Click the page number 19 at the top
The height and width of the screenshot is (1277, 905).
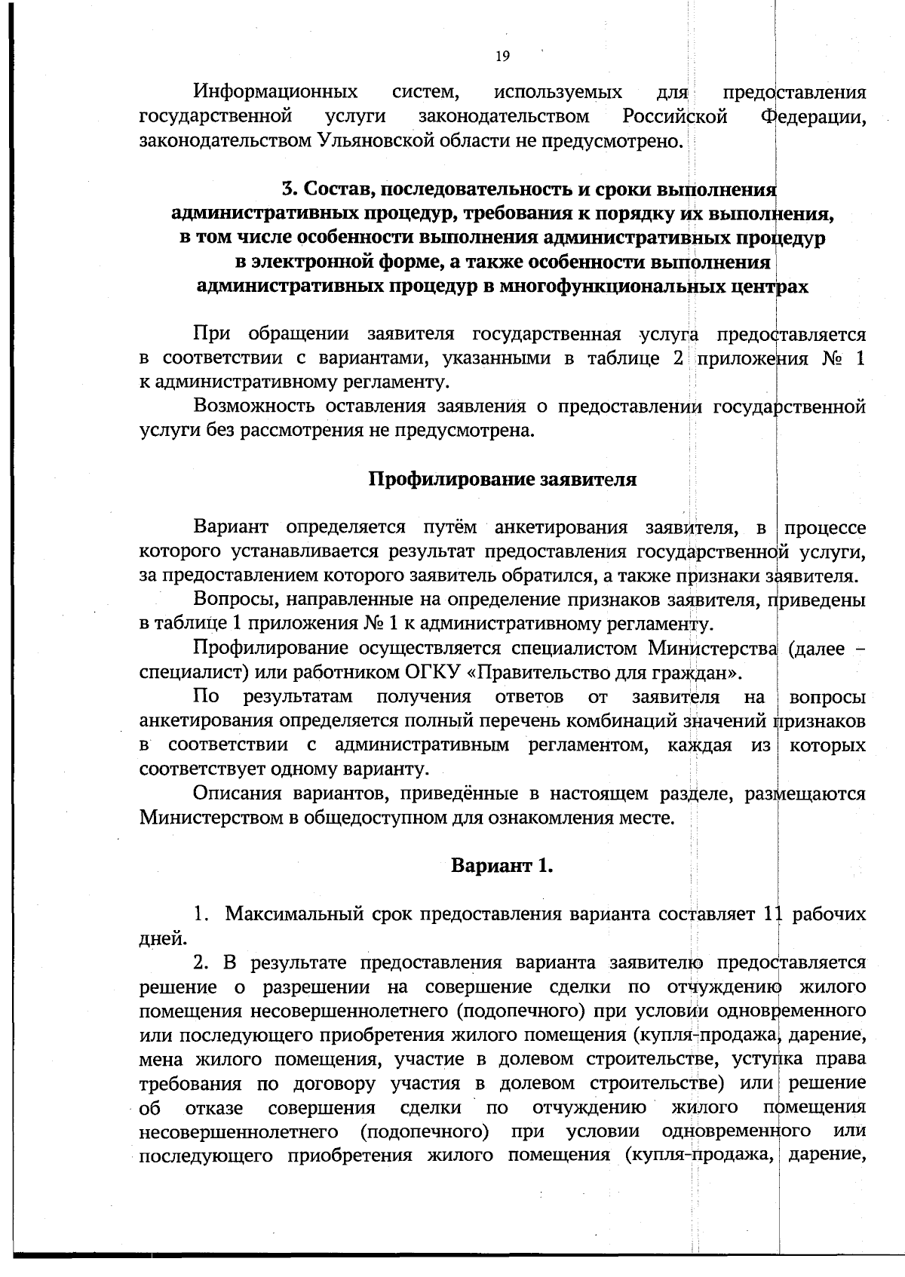tap(503, 55)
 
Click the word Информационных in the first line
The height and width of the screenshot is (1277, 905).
tap(276, 93)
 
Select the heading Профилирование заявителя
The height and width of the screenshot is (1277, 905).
tap(502, 479)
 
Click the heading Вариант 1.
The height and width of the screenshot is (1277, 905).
tap(502, 865)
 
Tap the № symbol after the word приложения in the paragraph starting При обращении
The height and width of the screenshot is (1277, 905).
tap(824, 358)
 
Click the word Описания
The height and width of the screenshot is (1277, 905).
tap(234, 794)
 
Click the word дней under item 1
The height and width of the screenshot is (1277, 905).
tap(160, 939)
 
